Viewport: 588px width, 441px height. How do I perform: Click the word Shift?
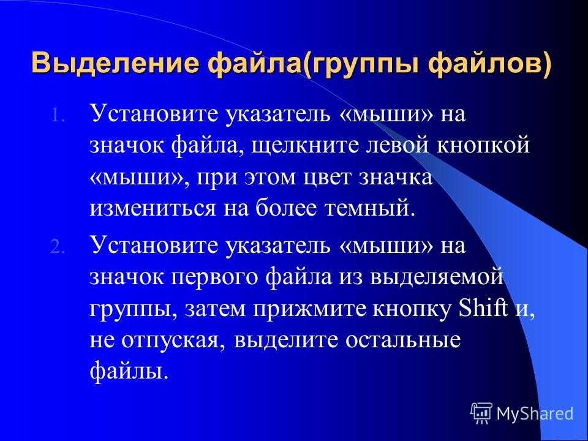(x=484, y=308)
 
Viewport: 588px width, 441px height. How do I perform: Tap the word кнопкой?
(x=483, y=145)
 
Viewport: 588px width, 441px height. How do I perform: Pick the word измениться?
(x=153, y=209)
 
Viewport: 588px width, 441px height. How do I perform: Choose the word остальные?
(x=403, y=341)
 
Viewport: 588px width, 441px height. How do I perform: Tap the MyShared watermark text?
(x=535, y=413)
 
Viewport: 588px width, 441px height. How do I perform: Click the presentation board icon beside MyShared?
(x=481, y=413)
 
